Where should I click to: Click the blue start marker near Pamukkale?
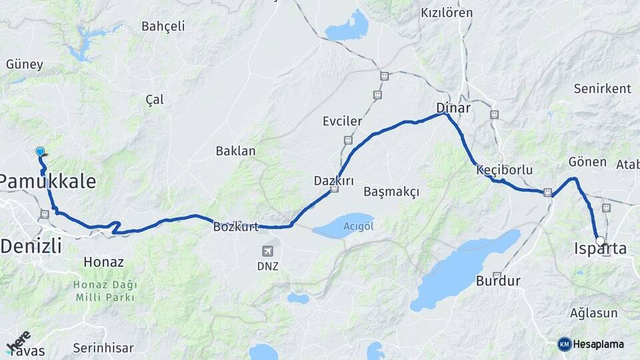[40, 151]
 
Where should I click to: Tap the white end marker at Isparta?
[600, 241]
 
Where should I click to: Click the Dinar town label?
[453, 107]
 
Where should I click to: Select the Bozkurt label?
[236, 227]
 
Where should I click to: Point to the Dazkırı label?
[333, 181]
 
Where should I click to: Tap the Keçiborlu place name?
[505, 170]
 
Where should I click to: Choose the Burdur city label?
[498, 281]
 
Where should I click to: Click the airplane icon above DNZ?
[267, 251]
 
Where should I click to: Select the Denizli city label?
[31, 246]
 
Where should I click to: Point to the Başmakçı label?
[392, 192]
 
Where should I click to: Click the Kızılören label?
[447, 13]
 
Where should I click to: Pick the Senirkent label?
[602, 89]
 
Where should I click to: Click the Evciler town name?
[342, 121]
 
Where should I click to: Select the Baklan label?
[235, 151]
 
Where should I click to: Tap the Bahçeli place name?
[163, 26]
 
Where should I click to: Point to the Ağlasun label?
[594, 313]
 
